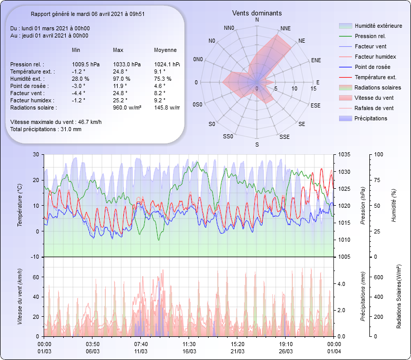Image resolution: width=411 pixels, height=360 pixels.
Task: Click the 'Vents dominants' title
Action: pyautogui.click(x=257, y=13)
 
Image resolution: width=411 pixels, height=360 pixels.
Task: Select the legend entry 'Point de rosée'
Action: pyautogui.click(x=372, y=67)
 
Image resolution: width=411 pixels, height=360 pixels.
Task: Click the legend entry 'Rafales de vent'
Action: pyautogui.click(x=374, y=109)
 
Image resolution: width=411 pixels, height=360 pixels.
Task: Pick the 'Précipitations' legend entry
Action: pyautogui.click(x=371, y=119)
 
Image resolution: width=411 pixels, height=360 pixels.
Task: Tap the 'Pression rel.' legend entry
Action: pyautogui.click(x=370, y=37)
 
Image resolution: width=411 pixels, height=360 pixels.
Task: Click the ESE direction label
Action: pyautogui.click(x=316, y=105)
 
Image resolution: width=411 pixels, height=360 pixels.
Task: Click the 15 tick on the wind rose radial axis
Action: pyautogui.click(x=313, y=89)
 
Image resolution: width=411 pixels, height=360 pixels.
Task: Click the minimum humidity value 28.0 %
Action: pyautogui.click(x=81, y=79)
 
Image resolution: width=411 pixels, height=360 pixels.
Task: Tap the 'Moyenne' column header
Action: pyautogui.click(x=165, y=50)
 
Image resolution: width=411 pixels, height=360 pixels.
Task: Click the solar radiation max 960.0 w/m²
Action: pyautogui.click(x=127, y=107)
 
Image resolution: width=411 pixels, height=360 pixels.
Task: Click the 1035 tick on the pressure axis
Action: pyautogui.click(x=344, y=154)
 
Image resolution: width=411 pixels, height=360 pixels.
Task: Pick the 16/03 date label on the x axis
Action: pyautogui.click(x=189, y=351)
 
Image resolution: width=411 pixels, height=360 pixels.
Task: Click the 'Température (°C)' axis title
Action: pyautogui.click(x=20, y=206)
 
